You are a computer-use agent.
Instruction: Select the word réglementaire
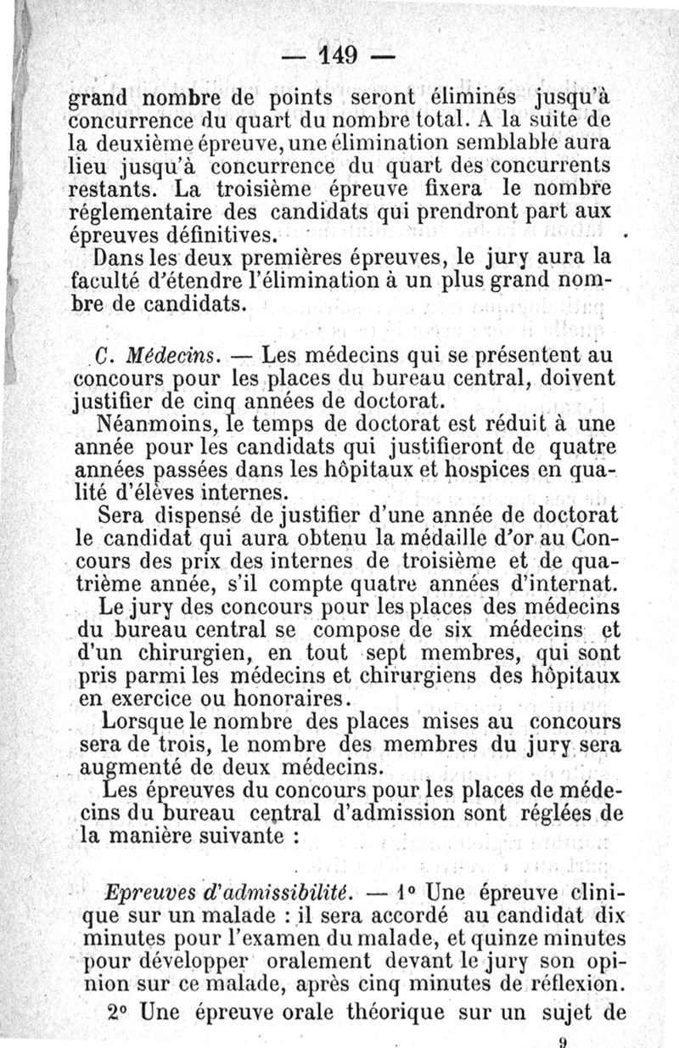tap(132, 208)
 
